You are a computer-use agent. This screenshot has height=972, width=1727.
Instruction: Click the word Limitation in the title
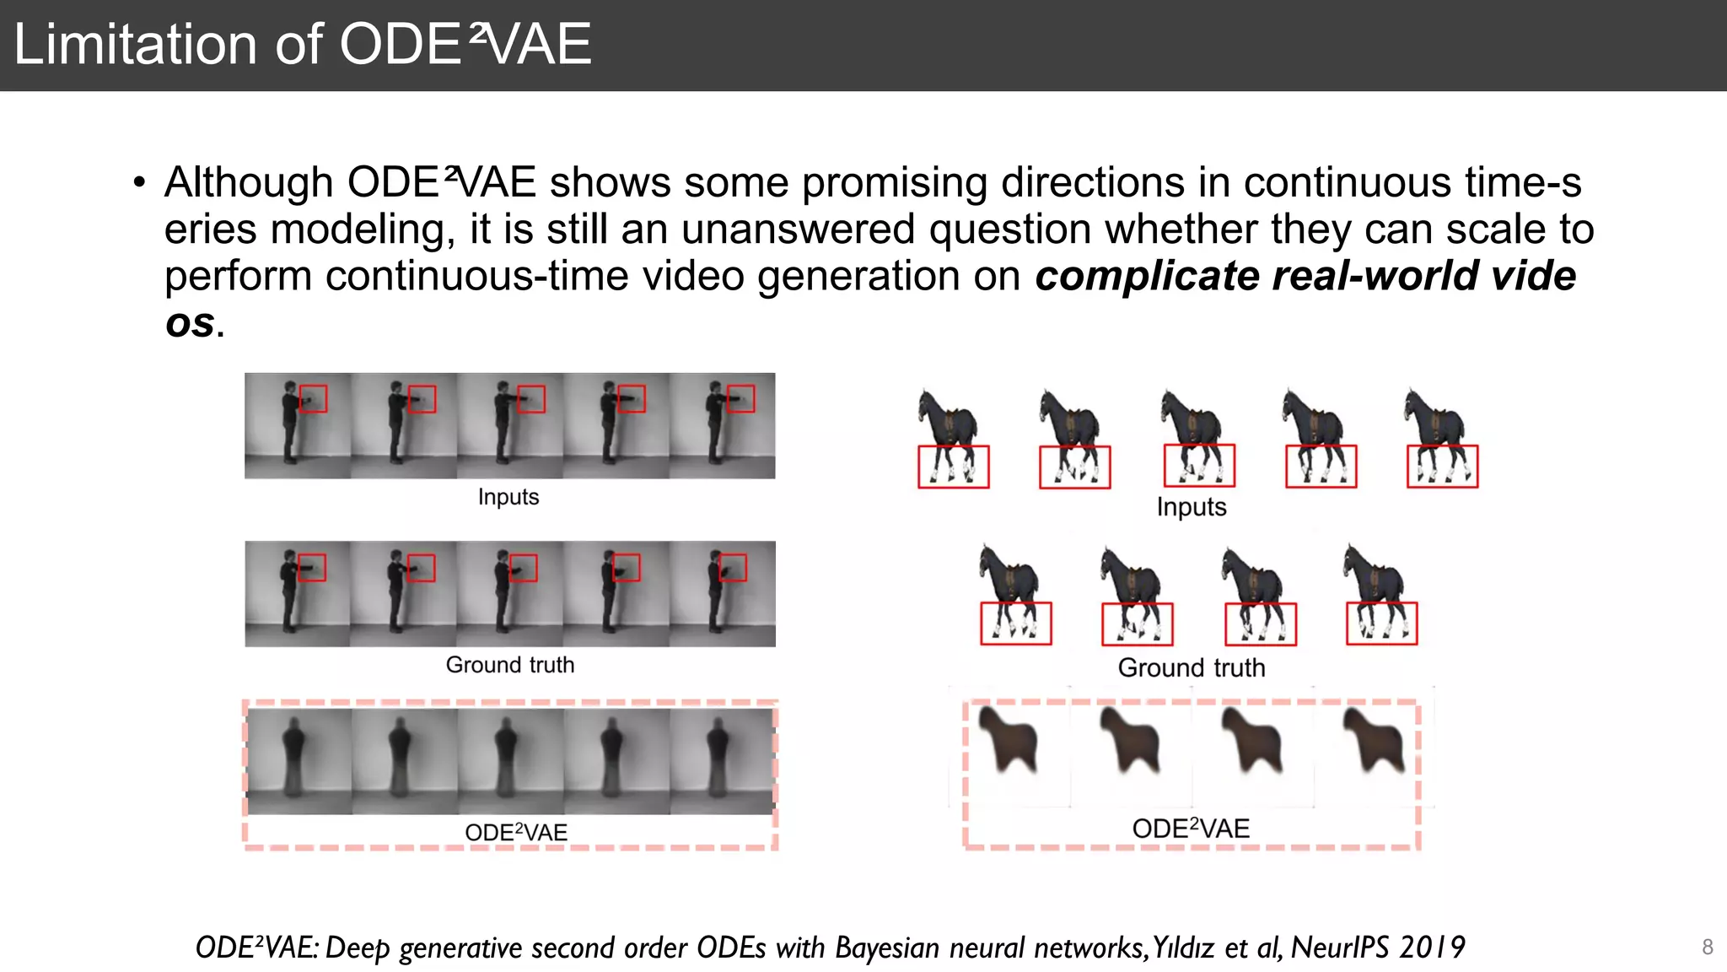click(135, 45)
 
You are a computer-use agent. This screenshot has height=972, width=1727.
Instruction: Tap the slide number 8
click(1708, 947)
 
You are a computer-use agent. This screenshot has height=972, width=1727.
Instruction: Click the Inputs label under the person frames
click(508, 497)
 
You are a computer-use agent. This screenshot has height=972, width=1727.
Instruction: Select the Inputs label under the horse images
click(1191, 507)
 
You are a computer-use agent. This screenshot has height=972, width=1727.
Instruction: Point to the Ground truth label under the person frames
click(509, 665)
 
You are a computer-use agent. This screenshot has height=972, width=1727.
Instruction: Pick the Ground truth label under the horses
click(1191, 667)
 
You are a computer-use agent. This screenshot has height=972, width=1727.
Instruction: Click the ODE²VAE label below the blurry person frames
click(515, 833)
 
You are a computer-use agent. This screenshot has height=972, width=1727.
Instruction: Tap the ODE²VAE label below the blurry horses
click(1190, 829)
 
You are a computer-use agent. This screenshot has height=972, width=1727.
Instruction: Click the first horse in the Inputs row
click(950, 437)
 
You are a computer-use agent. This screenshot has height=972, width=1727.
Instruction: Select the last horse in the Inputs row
click(1439, 437)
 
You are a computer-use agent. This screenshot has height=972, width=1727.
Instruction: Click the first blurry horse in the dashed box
click(1009, 740)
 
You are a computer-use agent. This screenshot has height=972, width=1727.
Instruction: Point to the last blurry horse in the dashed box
click(1375, 740)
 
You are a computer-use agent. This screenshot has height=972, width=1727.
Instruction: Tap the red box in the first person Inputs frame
click(313, 399)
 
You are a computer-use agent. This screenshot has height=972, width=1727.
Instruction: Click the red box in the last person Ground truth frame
click(732, 567)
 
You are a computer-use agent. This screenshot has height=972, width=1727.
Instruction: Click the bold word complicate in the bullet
click(1147, 276)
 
